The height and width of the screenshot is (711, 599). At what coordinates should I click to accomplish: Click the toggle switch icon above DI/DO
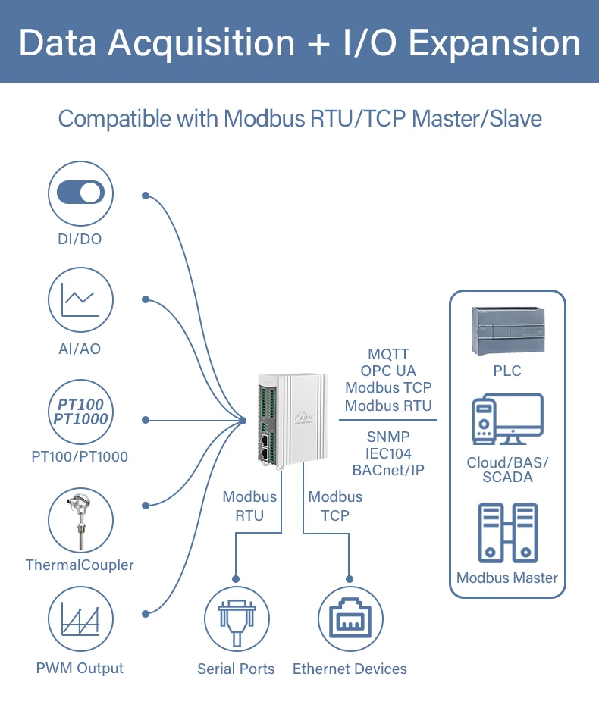coord(80,193)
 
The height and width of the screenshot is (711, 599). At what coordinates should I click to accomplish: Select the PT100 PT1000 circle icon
coord(80,412)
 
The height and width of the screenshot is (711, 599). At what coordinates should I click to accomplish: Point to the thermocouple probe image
coord(80,521)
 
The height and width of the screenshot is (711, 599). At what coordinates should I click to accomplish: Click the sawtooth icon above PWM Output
coord(80,619)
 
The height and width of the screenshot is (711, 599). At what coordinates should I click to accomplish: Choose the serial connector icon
coord(237,622)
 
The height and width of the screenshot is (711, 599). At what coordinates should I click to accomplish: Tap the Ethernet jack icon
coord(350,619)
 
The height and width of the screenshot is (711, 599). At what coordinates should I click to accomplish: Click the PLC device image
coord(508,330)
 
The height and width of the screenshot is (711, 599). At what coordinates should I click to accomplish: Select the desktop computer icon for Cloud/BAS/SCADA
coord(507,419)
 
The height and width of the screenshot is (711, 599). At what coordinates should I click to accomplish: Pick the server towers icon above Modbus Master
coord(508,532)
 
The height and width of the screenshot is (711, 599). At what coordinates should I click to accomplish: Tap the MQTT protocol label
coord(389,354)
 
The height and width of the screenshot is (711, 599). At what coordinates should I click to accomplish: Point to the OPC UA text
coord(388,371)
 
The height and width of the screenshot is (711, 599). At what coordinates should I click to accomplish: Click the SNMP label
coord(388,436)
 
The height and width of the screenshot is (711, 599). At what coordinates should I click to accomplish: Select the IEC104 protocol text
coord(388,453)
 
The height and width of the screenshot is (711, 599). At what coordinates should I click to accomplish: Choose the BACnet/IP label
coord(388,470)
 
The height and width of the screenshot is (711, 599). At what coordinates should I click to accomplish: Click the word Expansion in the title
coord(494,44)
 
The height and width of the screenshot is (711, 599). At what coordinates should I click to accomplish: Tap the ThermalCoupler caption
coord(80,565)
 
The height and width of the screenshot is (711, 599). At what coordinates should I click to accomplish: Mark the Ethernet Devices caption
coord(350,669)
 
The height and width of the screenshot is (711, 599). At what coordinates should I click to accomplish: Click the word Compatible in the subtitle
coord(115,119)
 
